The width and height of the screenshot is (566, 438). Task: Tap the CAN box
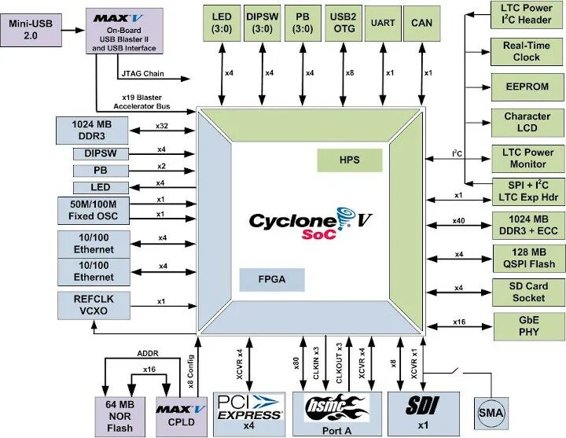click(421, 24)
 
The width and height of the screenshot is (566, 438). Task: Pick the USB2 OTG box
click(344, 24)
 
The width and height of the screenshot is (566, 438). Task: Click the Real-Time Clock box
click(527, 51)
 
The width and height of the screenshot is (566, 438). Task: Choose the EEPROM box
click(527, 86)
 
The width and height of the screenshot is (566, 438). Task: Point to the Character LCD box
click(527, 122)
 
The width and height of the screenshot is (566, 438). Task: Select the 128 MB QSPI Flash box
click(527, 258)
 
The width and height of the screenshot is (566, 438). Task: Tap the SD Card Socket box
click(527, 292)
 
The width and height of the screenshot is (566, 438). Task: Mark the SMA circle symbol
click(491, 413)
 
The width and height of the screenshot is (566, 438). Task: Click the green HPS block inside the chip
click(349, 160)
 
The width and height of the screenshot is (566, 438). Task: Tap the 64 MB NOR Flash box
click(119, 417)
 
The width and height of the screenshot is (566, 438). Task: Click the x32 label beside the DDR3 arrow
click(162, 126)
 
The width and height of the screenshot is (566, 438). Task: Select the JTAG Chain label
click(142, 75)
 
